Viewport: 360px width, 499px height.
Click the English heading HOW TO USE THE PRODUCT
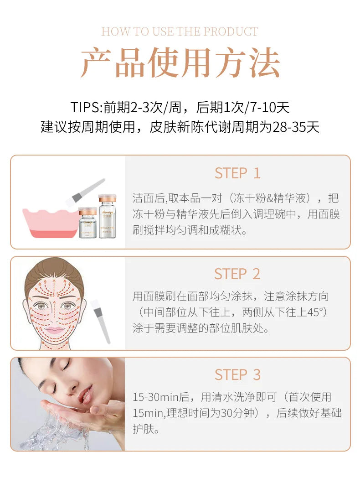pos(180,31)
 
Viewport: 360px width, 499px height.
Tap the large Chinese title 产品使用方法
pos(180,62)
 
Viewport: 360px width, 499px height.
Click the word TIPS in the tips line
pos(86,107)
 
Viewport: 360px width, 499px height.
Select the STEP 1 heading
pos(237,173)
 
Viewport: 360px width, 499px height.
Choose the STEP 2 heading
pos(237,274)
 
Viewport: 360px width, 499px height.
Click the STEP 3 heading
pos(237,375)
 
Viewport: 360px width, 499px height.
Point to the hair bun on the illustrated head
pos(55,269)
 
